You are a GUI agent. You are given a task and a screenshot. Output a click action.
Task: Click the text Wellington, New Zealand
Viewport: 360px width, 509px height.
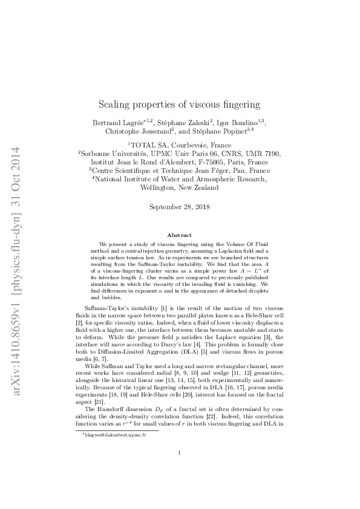coord(180,188)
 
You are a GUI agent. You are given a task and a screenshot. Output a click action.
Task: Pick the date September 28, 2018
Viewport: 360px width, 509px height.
coord(180,207)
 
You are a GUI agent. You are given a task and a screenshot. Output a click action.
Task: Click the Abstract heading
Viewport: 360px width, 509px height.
coord(180,235)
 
